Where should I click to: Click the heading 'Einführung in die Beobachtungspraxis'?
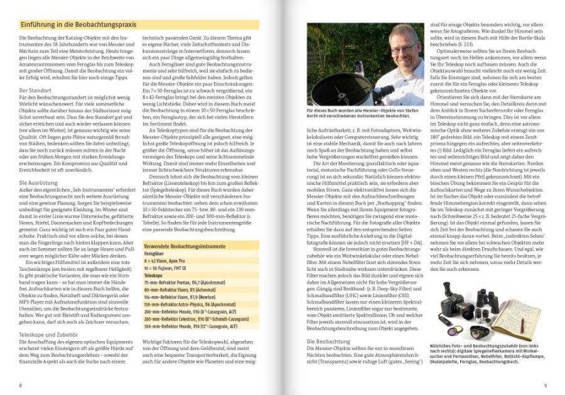tap(79, 24)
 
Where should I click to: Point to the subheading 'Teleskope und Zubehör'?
tap(47, 335)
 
